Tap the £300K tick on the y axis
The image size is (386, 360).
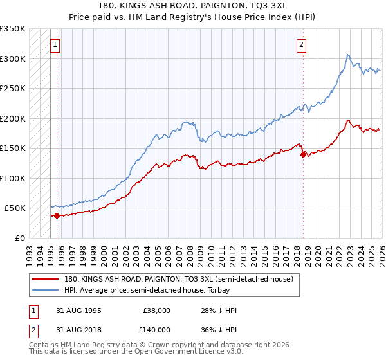(13, 59)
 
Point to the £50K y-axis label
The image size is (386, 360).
(15, 208)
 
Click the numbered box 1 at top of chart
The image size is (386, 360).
(55, 45)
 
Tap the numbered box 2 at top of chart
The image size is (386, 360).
(300, 45)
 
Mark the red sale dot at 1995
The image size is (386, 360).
(57, 215)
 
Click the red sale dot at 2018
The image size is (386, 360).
(302, 154)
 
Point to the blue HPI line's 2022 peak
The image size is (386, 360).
(347, 55)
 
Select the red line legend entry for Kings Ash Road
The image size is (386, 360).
(179, 279)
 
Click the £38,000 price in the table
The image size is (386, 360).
(155, 310)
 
